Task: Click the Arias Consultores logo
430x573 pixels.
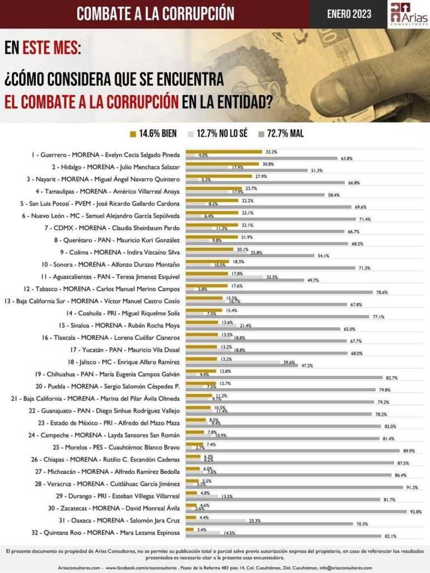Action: pyautogui.click(x=409, y=14)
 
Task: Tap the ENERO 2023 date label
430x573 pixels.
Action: pyautogui.click(x=349, y=14)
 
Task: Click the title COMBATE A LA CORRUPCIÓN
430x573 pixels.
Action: pyautogui.click(x=156, y=13)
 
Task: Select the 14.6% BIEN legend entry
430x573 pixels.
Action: pyautogui.click(x=153, y=134)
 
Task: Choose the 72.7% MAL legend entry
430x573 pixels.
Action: pyautogui.click(x=281, y=134)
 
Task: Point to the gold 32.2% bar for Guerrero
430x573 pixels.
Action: pyautogui.click(x=223, y=152)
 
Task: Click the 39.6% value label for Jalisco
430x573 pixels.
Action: pyautogui.click(x=289, y=362)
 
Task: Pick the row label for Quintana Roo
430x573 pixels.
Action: pyautogui.click(x=100, y=533)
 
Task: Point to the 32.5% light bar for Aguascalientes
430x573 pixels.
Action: pyautogui.click(x=224, y=276)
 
